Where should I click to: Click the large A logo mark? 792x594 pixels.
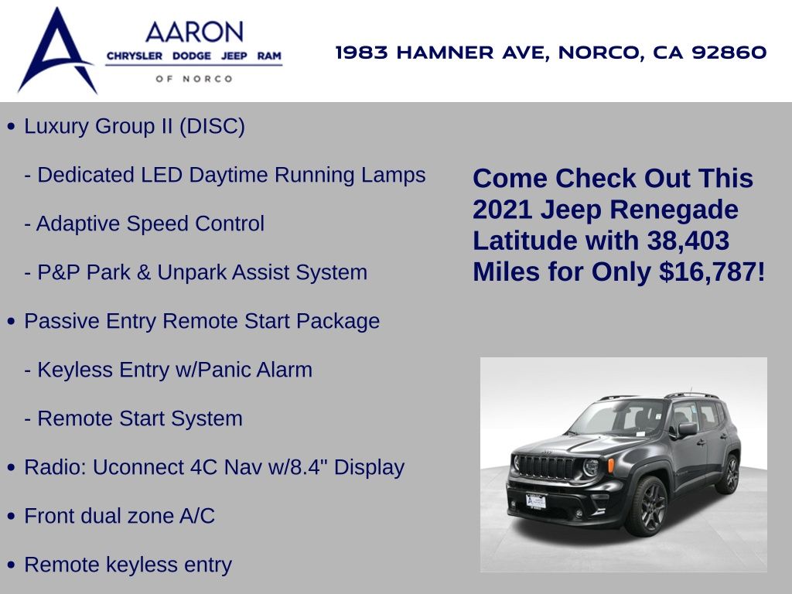(x=56, y=50)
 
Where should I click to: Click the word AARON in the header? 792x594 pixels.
(x=194, y=32)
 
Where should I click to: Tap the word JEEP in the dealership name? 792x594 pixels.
(x=234, y=56)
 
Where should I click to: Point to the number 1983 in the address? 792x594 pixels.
(x=362, y=52)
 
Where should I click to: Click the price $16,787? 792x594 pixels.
(x=712, y=271)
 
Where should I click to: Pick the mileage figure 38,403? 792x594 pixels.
(x=688, y=241)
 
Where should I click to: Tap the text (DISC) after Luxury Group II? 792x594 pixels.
(x=212, y=126)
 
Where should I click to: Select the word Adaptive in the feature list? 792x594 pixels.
(x=78, y=224)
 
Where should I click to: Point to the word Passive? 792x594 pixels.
(x=62, y=321)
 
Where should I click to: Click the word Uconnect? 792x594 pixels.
(x=138, y=467)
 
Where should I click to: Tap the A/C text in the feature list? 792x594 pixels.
(x=197, y=516)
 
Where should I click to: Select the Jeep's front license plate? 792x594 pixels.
(x=536, y=501)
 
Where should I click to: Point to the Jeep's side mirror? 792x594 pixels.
(x=688, y=428)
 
